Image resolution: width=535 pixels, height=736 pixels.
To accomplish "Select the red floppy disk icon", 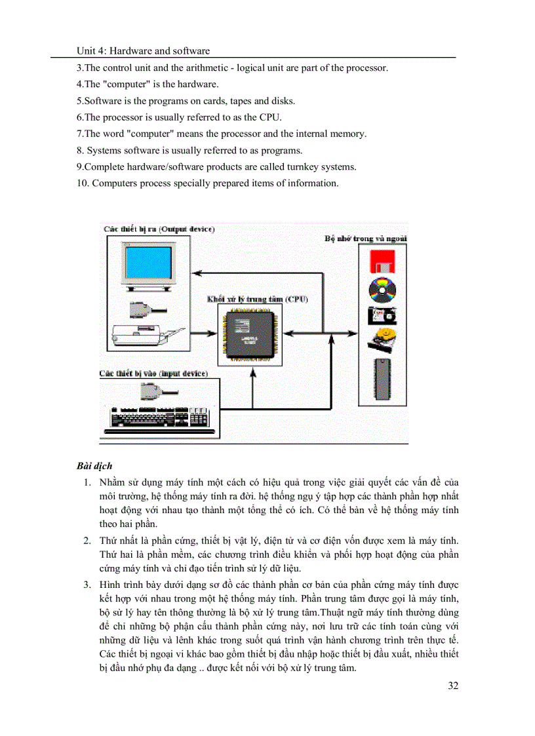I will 382,261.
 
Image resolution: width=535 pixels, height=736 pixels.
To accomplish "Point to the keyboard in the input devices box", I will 155,419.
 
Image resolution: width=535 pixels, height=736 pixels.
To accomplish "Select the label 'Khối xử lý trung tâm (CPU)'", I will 257,299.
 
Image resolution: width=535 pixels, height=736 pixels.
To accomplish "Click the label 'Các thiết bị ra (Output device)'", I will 159,229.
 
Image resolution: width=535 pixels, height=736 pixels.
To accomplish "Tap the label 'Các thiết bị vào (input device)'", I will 153,374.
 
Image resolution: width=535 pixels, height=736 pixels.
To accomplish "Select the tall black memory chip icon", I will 382,379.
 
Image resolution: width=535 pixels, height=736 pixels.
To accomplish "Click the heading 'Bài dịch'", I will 94,466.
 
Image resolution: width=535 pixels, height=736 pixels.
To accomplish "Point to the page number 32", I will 452,686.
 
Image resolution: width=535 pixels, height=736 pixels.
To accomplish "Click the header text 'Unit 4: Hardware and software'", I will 143,50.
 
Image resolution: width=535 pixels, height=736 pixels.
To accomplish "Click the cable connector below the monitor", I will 143,308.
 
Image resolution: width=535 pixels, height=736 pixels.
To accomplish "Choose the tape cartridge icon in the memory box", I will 381,315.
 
